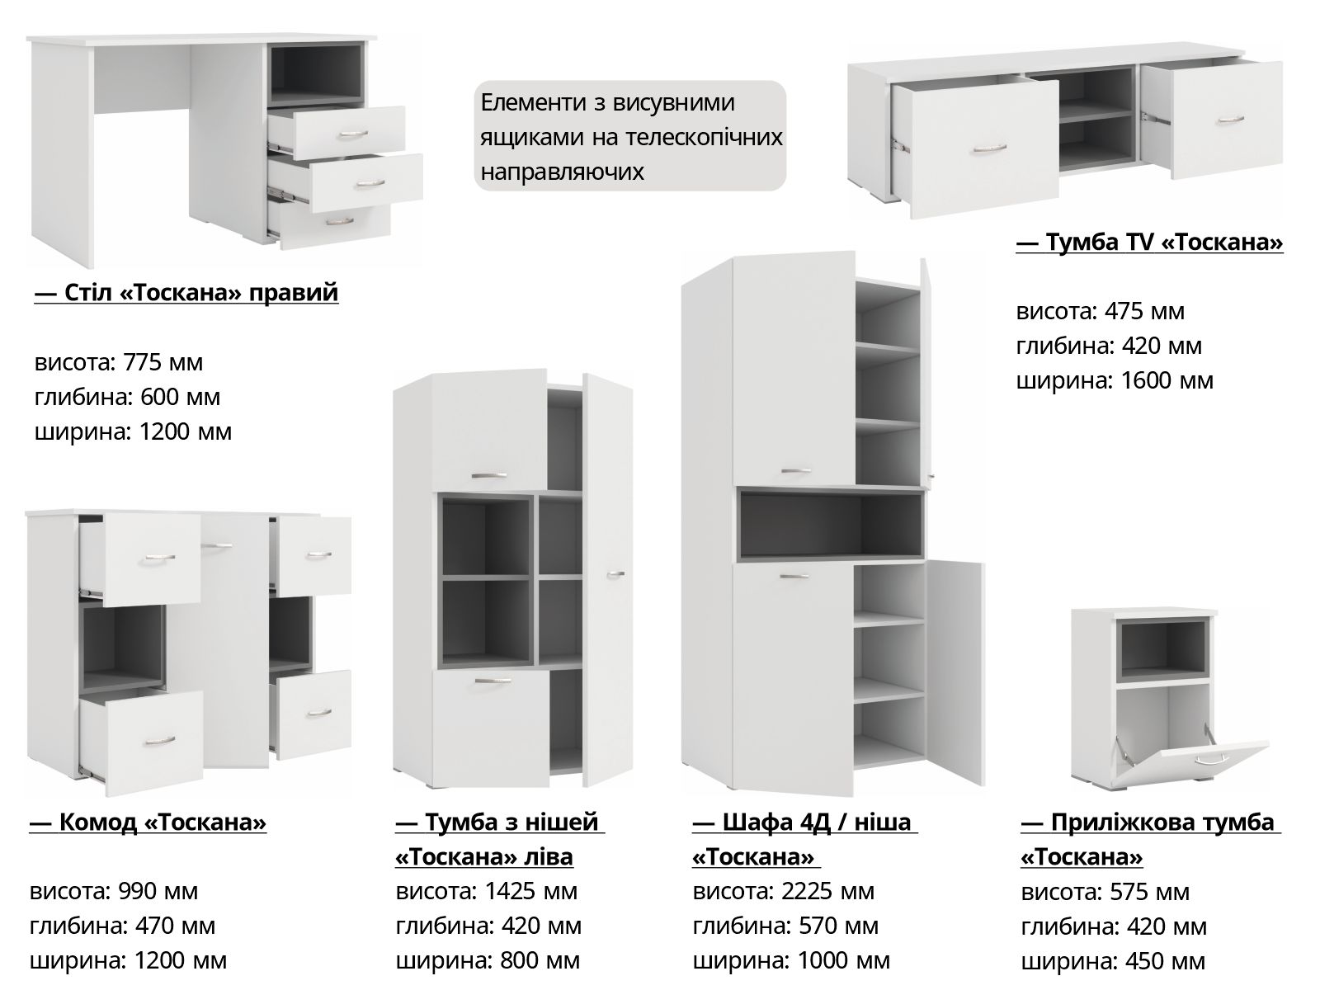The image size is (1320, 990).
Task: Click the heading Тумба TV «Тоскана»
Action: [x=1149, y=243]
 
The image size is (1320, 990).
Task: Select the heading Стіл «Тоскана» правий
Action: [x=186, y=293]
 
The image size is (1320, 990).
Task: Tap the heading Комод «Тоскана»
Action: [x=148, y=823]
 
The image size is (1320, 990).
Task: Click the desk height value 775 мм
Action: [x=163, y=362]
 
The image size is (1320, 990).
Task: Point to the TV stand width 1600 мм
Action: [x=1167, y=381]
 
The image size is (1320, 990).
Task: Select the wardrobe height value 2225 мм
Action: [x=827, y=892]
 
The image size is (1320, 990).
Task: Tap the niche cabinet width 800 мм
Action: [x=540, y=960]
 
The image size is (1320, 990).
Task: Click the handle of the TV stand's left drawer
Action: [x=989, y=148]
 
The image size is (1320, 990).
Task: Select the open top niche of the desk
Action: [x=316, y=74]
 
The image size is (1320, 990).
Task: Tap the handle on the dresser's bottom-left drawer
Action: [x=160, y=740]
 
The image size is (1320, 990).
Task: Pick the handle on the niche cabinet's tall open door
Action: [x=615, y=575]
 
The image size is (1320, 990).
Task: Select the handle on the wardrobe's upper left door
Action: [x=796, y=470]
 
